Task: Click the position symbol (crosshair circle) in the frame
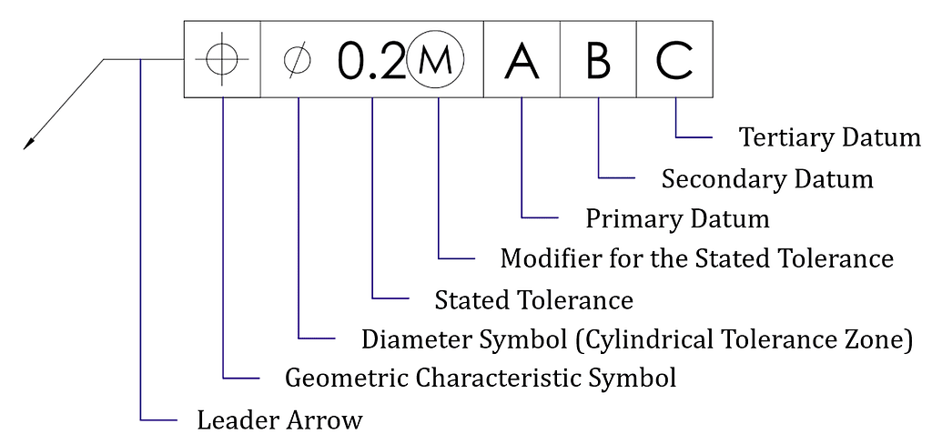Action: click(222, 59)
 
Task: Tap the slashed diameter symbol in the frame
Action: click(298, 60)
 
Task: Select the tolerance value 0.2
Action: click(370, 61)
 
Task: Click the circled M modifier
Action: click(436, 61)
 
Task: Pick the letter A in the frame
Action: click(522, 61)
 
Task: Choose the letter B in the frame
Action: click(598, 61)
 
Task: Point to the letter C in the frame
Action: click(674, 61)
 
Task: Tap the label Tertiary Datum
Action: click(830, 138)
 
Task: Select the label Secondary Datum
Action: click(767, 179)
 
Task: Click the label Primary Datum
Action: click(677, 219)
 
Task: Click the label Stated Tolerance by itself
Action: click(533, 299)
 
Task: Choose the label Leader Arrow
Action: click(279, 420)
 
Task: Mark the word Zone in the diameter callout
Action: click(878, 340)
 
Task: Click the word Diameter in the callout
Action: click(410, 340)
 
